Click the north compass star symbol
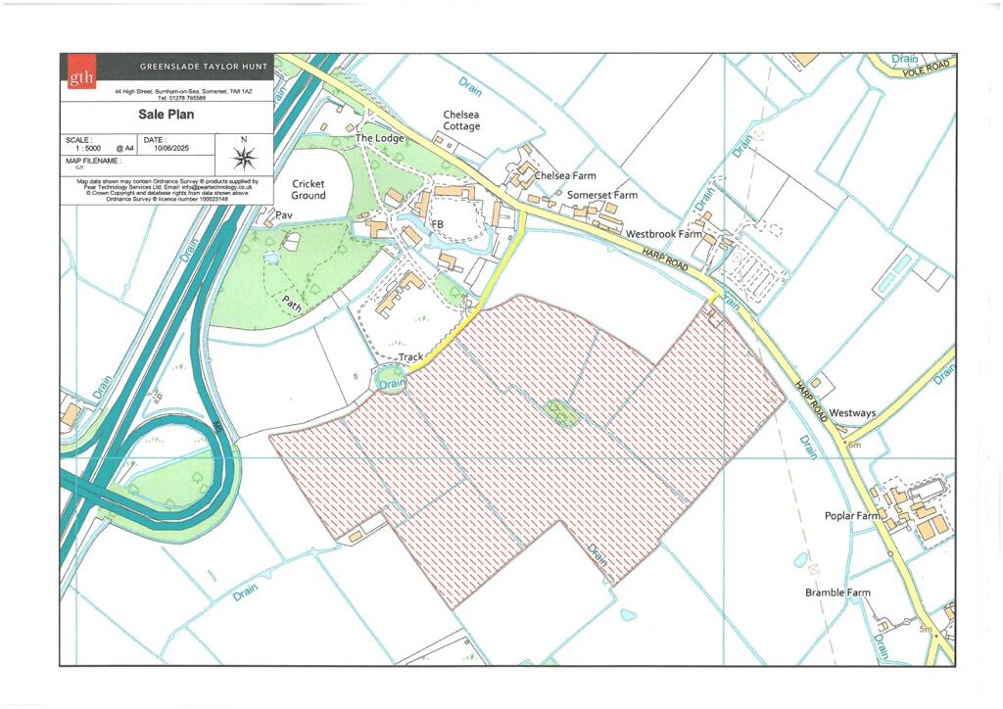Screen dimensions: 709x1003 (x=245, y=156)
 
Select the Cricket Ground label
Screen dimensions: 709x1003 (x=308, y=189)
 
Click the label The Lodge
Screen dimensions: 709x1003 (x=379, y=138)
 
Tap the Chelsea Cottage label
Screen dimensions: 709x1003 (x=461, y=119)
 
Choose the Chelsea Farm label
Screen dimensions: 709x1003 (x=565, y=176)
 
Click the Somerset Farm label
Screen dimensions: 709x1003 (x=602, y=195)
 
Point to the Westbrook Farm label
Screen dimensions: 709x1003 (x=665, y=235)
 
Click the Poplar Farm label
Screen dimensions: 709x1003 (x=852, y=516)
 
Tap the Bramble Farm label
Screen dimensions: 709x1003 (x=837, y=592)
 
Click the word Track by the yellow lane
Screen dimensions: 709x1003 (x=411, y=357)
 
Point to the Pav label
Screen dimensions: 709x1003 (x=284, y=214)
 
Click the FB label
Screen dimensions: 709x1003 (x=438, y=224)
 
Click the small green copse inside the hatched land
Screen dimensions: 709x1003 (x=561, y=412)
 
